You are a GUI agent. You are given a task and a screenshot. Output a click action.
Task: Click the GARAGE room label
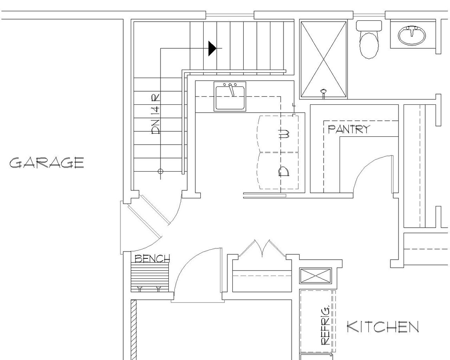pyautogui.click(x=46, y=163)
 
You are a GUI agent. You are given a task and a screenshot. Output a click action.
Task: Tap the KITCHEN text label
pyautogui.click(x=382, y=327)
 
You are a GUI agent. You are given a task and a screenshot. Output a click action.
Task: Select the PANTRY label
pyautogui.click(x=349, y=129)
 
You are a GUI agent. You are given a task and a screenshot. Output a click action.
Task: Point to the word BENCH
pyautogui.click(x=152, y=258)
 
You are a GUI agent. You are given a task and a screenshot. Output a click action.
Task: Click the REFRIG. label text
pyautogui.click(x=325, y=325)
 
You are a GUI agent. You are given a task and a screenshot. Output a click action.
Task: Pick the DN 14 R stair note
pyautogui.click(x=156, y=114)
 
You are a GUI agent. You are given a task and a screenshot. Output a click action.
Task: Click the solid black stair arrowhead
pyautogui.click(x=212, y=48)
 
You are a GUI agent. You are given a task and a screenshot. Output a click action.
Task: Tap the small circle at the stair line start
pyautogui.click(x=161, y=171)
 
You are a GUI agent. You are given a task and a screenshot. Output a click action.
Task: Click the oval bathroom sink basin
pyautogui.click(x=412, y=35)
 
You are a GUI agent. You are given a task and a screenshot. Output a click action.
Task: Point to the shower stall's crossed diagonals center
pyautogui.click(x=324, y=59)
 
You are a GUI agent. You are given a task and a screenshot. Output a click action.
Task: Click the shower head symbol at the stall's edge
pyautogui.click(x=323, y=93)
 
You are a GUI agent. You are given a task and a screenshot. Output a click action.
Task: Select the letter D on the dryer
pyautogui.click(x=284, y=172)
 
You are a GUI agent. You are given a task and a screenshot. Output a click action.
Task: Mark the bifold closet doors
pyautogui.click(x=262, y=248)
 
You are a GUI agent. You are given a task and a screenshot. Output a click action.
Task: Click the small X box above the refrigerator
pyautogui.click(x=316, y=276)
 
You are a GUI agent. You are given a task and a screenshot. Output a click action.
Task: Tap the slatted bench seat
pyautogui.click(x=150, y=276)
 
